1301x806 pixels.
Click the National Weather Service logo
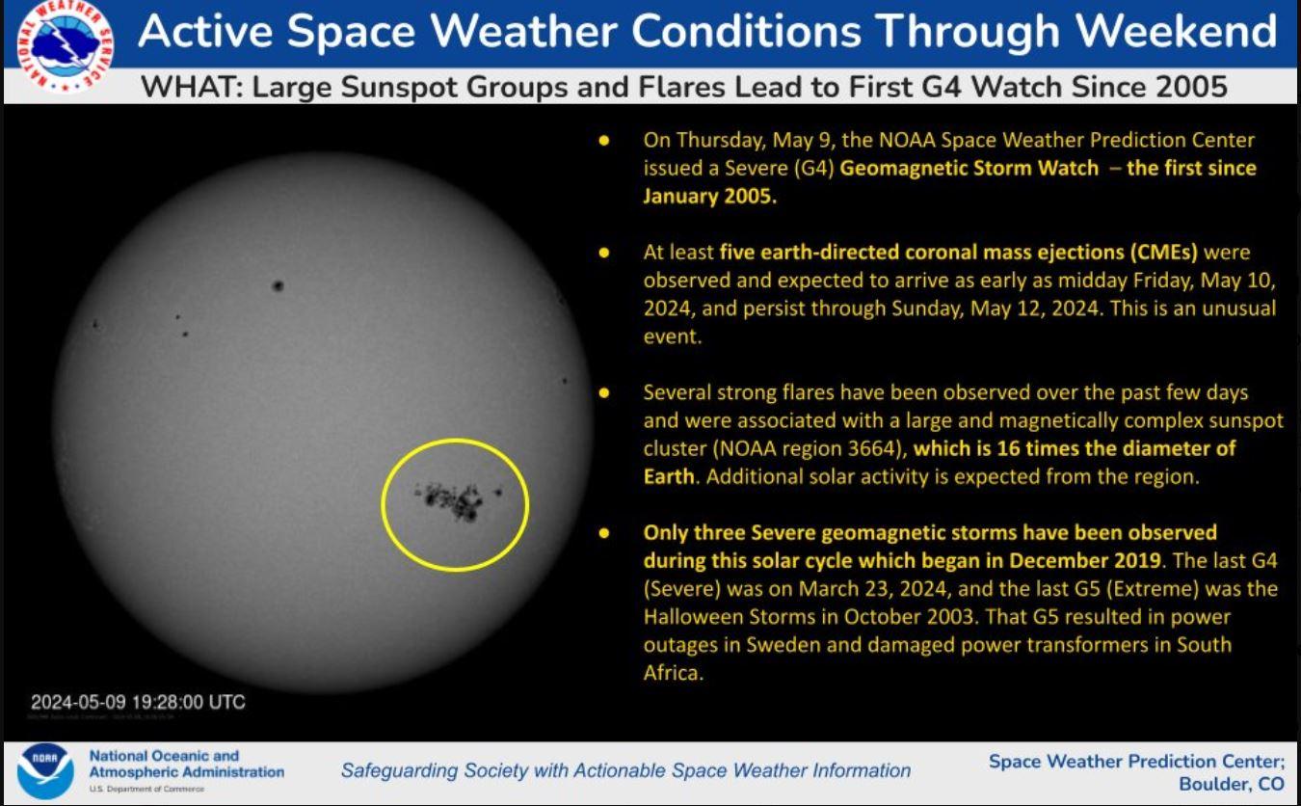pyautogui.click(x=65, y=46)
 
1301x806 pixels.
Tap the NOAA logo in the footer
pyautogui.click(x=45, y=771)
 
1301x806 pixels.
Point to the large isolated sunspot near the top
pyautogui.click(x=278, y=285)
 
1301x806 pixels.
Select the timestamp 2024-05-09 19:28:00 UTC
pyautogui.click(x=138, y=702)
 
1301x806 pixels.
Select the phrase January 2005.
pyautogui.click(x=709, y=196)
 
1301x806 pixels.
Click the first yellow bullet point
pyautogui.click(x=604, y=141)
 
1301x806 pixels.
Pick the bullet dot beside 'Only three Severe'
pyautogui.click(x=604, y=533)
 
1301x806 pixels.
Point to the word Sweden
pyautogui.click(x=783, y=644)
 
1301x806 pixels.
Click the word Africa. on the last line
pyautogui.click(x=674, y=673)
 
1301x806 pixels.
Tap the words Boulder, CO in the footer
pyautogui.click(x=1231, y=784)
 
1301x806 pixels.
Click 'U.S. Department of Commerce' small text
pyautogui.click(x=146, y=789)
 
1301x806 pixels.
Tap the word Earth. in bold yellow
pyautogui.click(x=670, y=476)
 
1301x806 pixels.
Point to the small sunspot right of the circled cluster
pyautogui.click(x=498, y=493)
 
